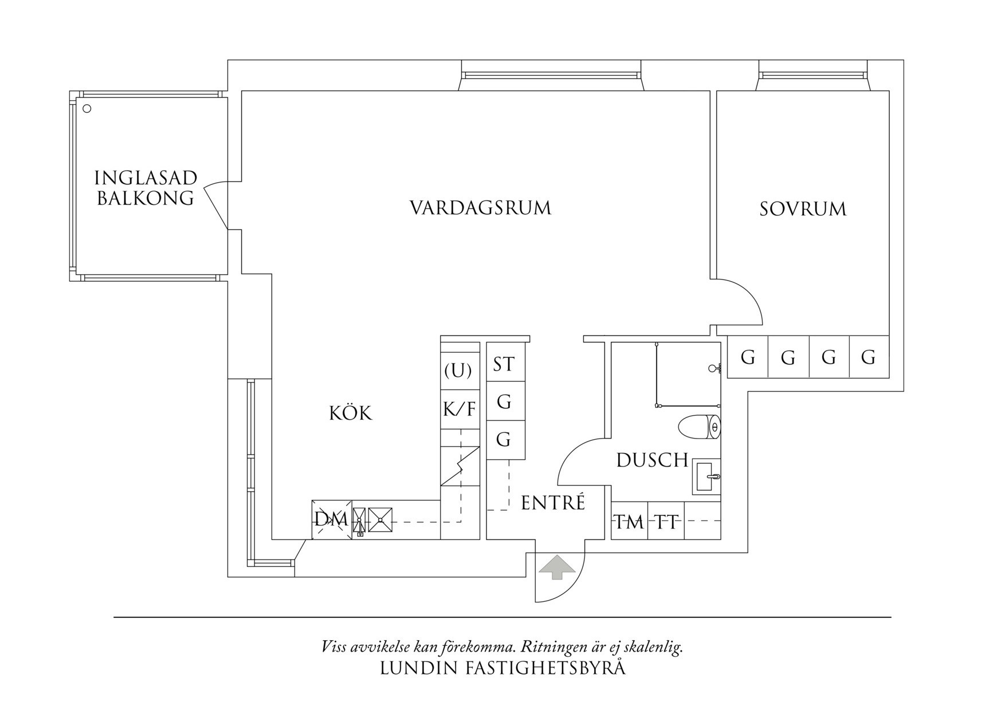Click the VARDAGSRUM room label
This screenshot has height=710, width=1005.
click(x=480, y=207)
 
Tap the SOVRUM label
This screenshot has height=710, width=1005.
click(x=803, y=209)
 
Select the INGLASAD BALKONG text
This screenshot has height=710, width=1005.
click(x=146, y=188)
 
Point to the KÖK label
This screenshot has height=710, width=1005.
click(x=351, y=413)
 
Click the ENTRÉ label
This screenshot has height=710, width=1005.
click(x=553, y=503)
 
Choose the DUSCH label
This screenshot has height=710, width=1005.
click(x=651, y=460)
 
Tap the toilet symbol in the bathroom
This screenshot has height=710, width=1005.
click(x=699, y=427)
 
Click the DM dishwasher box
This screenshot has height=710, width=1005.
click(x=331, y=520)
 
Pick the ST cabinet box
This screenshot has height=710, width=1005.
click(x=505, y=364)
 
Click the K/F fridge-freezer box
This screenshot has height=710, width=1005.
click(x=460, y=409)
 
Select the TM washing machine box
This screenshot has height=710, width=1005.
click(x=629, y=522)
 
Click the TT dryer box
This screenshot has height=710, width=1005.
click(x=666, y=522)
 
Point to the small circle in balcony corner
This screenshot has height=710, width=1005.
click(x=87, y=108)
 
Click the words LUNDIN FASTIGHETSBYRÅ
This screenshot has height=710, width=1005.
click(x=502, y=668)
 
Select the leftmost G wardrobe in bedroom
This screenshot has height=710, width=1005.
click(x=747, y=357)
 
